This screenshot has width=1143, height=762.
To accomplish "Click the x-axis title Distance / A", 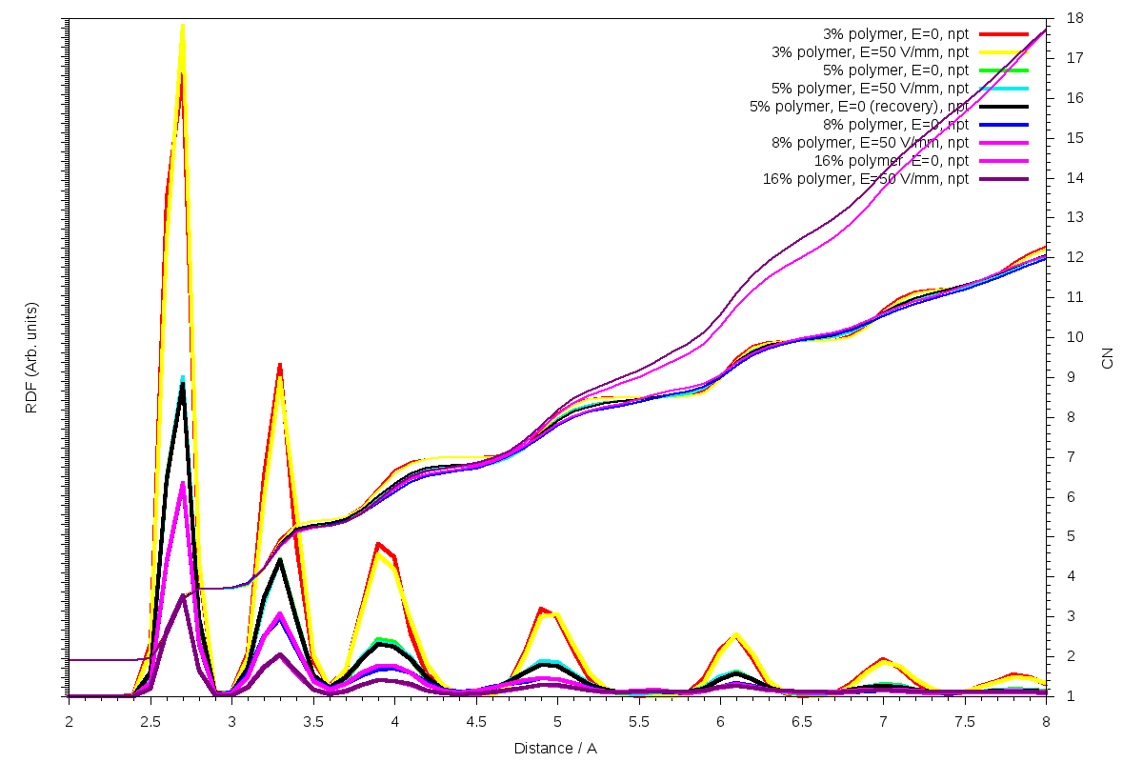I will click(555, 748).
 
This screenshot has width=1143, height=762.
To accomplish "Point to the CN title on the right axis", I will click(1107, 358).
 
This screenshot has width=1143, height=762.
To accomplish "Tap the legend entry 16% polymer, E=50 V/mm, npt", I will click(866, 178).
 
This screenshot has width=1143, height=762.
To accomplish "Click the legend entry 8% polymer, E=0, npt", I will click(896, 124).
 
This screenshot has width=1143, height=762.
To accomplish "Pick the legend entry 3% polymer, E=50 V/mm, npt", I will click(870, 51).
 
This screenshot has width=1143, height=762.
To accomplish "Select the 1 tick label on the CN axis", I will click(1072, 696).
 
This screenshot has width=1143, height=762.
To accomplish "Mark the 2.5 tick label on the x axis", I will click(150, 722).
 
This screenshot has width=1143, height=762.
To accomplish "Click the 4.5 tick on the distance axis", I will click(476, 722).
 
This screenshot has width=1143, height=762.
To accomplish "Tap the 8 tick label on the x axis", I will click(1046, 722).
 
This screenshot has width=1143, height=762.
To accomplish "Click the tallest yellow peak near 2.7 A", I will click(182, 25).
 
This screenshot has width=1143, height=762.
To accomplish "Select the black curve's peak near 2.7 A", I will click(182, 385).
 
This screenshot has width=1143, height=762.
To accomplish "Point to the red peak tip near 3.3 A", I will click(279, 364).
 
